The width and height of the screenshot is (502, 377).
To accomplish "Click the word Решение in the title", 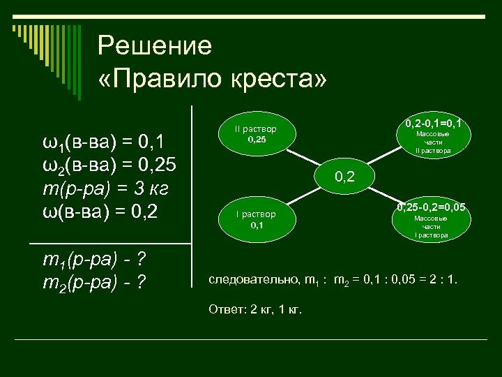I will click(x=154, y=47).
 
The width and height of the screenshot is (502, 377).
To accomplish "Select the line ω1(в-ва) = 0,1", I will click(x=104, y=144).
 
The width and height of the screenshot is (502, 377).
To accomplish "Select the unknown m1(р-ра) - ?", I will click(x=93, y=261).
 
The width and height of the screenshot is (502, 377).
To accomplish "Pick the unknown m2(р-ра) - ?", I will click(x=93, y=283).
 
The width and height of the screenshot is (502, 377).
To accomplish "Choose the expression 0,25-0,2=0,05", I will click(x=431, y=207).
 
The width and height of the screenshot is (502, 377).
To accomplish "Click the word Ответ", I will click(x=223, y=310).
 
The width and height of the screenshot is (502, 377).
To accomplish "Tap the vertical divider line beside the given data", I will click(x=192, y=195).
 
